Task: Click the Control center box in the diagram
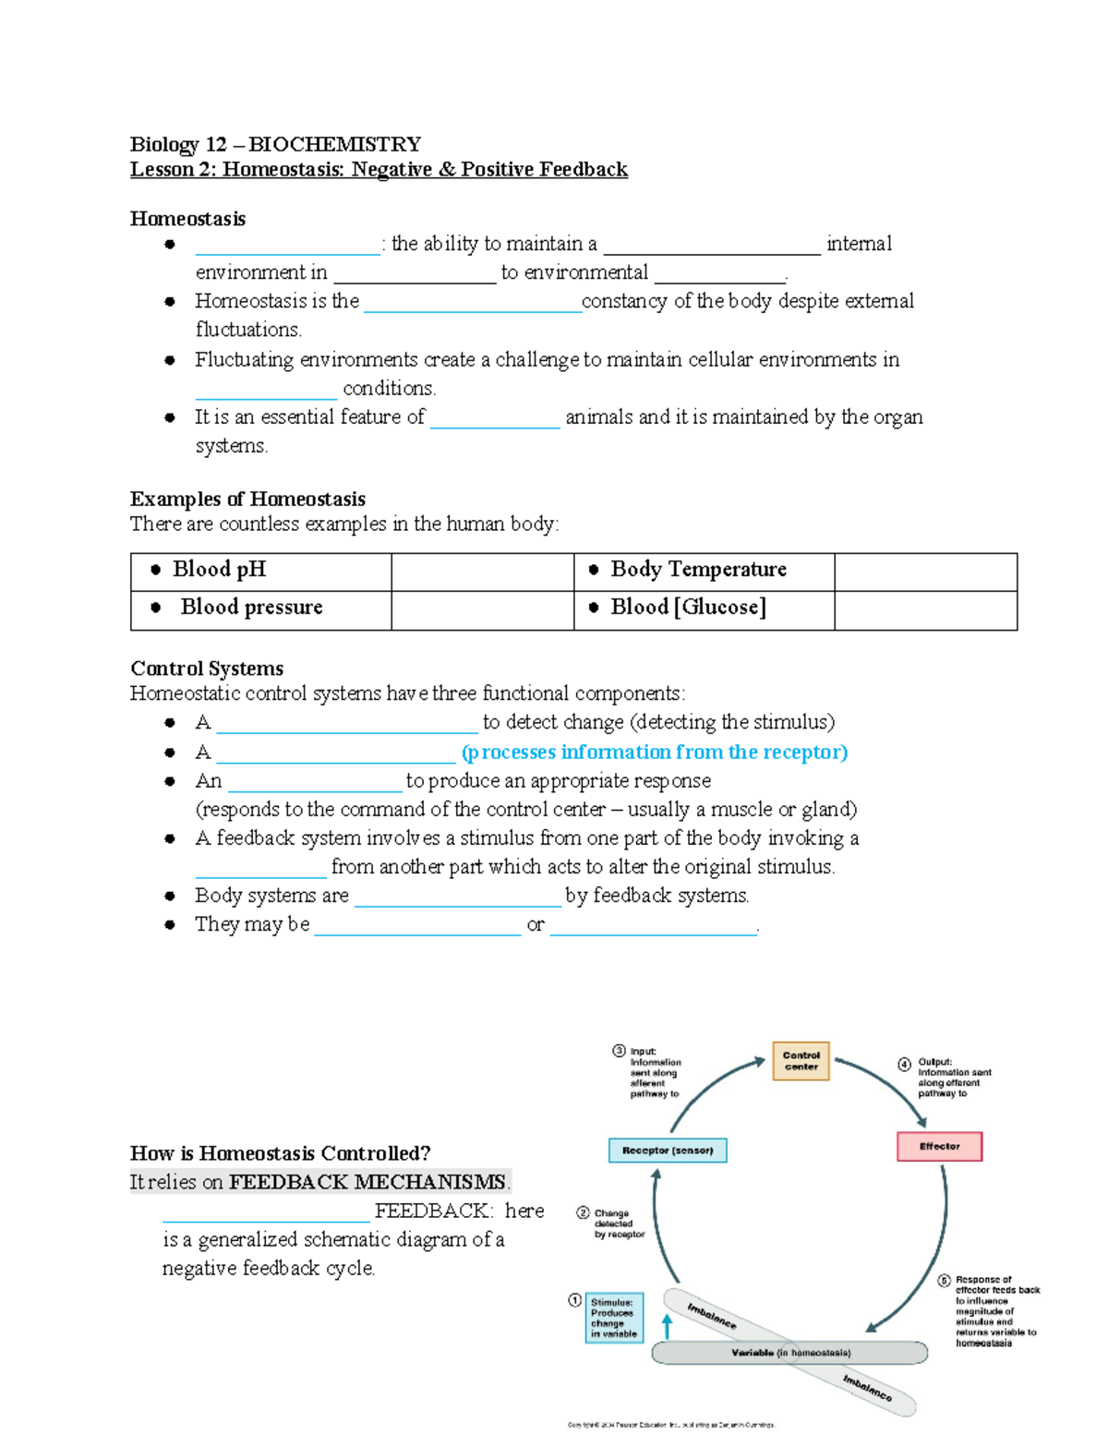point(801,1061)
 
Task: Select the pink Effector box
point(939,1147)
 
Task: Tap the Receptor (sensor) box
point(668,1151)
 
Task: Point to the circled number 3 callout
point(619,1051)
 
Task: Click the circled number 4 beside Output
point(905,1064)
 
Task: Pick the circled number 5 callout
point(944,1281)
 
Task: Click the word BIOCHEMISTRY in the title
point(334,144)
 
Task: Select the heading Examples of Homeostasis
point(247,500)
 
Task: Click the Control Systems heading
point(207,669)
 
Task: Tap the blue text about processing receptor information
point(654,753)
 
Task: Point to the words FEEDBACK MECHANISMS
point(367,1182)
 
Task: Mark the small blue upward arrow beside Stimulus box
point(667,1326)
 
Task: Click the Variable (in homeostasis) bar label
point(790,1353)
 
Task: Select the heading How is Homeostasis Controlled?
point(281,1153)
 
